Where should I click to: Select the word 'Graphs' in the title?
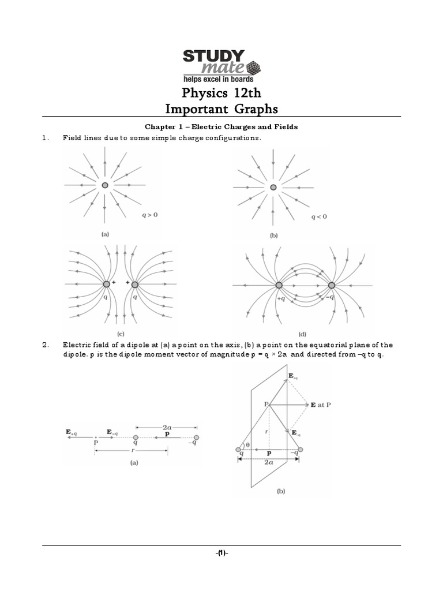(252, 109)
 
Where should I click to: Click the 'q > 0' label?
(150, 215)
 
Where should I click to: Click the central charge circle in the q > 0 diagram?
(104, 185)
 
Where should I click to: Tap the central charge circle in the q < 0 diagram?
(273, 187)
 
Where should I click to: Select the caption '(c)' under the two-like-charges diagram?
(121, 334)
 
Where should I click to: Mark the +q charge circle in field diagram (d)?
(279, 285)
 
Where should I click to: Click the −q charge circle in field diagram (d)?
(332, 285)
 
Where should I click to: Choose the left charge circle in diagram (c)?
(107, 285)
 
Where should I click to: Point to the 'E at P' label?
(321, 405)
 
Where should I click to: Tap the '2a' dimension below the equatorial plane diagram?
(269, 462)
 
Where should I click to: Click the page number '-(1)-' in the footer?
(221, 552)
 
